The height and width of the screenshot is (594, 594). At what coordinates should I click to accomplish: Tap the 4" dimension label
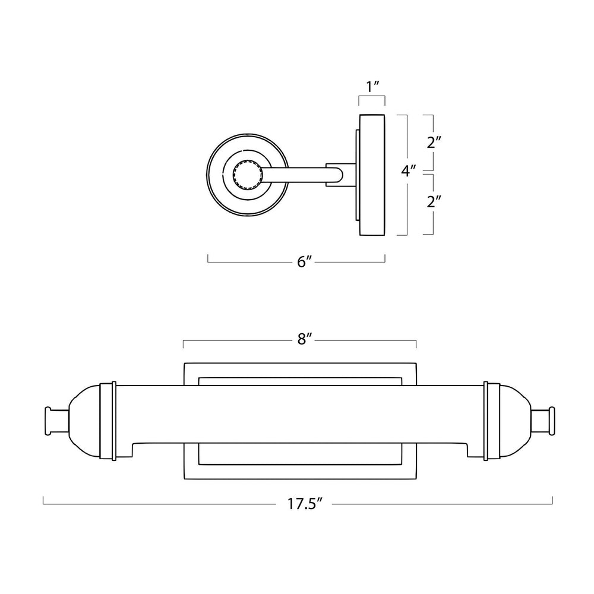[409, 171]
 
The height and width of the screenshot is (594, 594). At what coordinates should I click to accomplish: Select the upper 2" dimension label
[434, 143]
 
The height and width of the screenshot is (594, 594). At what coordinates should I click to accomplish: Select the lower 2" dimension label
[434, 201]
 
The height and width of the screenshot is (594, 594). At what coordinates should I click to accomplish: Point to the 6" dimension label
[304, 262]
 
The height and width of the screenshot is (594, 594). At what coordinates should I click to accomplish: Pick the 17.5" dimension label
[305, 504]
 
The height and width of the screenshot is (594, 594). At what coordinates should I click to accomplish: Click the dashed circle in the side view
[247, 175]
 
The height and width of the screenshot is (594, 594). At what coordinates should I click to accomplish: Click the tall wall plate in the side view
[372, 175]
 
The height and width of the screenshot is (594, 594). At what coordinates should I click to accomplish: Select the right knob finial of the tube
[543, 421]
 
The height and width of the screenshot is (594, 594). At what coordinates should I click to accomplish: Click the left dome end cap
[85, 421]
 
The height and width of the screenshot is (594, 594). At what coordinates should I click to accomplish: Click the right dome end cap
[515, 421]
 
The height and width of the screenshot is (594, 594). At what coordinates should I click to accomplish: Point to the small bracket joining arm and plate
[340, 175]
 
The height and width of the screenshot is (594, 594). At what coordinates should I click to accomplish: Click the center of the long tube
[300, 414]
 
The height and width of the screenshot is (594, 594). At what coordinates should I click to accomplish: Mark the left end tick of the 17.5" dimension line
[43, 500]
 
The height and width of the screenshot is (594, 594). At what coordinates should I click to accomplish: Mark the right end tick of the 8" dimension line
[416, 344]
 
